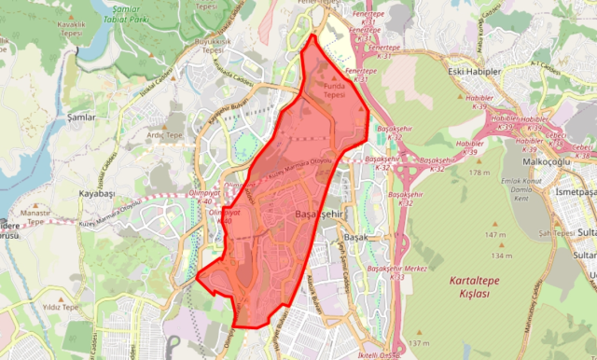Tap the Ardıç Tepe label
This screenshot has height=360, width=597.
tap(165, 134)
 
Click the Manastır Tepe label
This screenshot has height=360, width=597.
tap(35, 217)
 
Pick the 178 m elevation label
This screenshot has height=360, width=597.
tap(480, 173)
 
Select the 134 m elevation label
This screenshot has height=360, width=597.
tap(502, 255)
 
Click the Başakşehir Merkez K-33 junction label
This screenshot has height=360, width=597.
tap(397, 271)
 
